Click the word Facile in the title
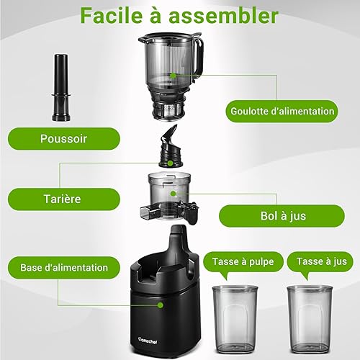pyautogui.click(x=112, y=15)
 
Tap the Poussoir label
pyautogui.click(x=64, y=139)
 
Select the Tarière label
pyautogui.click(x=64, y=199)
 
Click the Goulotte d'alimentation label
pyautogui.click(x=282, y=112)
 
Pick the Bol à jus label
pyautogui.click(x=282, y=216)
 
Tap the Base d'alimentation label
pyautogui.click(x=64, y=268)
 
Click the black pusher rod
pyautogui.click(x=61, y=88)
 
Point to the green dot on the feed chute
pyautogui.click(x=173, y=76)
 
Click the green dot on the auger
pyautogui.click(x=170, y=163)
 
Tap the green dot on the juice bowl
pyautogui.click(x=173, y=194)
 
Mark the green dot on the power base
pyautogui.click(x=161, y=305)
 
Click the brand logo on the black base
pyautogui.click(x=148, y=341)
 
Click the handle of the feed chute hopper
pyautogui.click(x=200, y=58)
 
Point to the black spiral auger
pyautogui.click(x=171, y=146)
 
